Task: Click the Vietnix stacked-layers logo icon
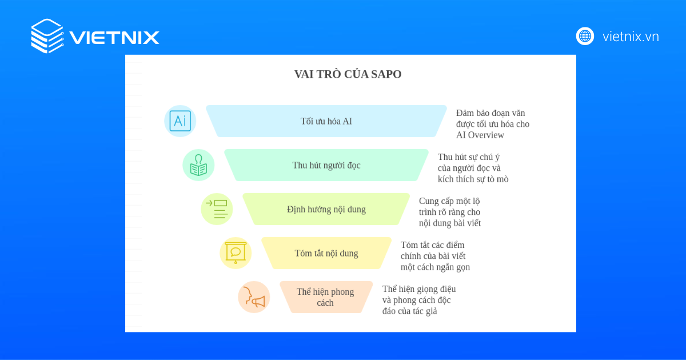pos(47,35)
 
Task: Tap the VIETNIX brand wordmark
pos(114,38)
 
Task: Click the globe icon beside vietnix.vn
pos(585,36)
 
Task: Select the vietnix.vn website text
pos(631,37)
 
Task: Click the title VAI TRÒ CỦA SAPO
pos(348,74)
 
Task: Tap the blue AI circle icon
pos(180,121)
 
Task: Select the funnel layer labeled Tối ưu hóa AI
pos(326,121)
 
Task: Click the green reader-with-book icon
pos(198,165)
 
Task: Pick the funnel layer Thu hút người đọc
pos(326,165)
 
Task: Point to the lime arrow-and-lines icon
pos(217,209)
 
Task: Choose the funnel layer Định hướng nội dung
pos(326,209)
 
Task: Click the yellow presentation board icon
pos(236,253)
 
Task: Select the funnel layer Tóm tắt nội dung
pos(326,253)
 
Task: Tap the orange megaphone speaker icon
pos(254,297)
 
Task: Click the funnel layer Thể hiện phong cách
pos(325,297)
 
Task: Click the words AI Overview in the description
pos(480,135)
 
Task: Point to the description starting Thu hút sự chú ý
pos(473,168)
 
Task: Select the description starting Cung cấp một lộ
pos(450,212)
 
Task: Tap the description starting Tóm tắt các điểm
pos(435,256)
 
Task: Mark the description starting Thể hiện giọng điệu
pos(419,300)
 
